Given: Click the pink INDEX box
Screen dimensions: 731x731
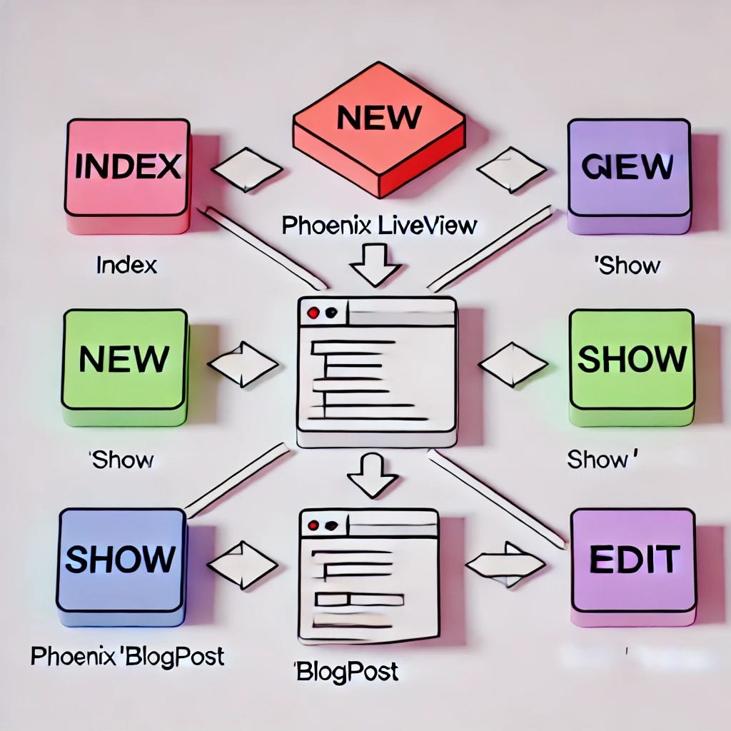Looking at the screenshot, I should (128, 168).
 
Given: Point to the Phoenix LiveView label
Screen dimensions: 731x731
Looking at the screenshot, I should (378, 226).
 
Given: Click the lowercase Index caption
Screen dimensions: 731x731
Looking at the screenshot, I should (126, 266).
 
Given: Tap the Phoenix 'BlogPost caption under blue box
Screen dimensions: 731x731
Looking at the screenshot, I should (127, 656).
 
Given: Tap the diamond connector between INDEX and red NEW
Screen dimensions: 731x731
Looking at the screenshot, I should (247, 170).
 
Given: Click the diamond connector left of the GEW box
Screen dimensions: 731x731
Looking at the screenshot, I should (511, 170).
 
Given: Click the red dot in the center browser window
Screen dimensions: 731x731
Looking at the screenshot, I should (312, 313).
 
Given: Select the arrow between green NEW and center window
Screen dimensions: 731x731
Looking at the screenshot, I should (243, 364).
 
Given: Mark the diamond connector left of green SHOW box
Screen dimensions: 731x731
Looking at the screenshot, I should (513, 364).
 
